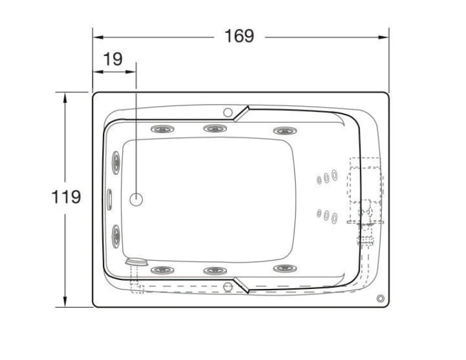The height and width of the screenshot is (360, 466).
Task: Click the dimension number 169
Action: click(239, 36)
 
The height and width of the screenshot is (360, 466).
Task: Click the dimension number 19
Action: click(113, 59)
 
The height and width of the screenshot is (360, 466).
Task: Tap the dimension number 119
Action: click(66, 196)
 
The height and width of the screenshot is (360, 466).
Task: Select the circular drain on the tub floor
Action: click(136, 199)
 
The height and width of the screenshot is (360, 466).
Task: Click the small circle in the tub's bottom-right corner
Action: click(381, 298)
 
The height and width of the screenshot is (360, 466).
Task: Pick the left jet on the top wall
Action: click(163, 129)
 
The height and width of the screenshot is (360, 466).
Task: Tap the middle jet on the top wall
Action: click(215, 128)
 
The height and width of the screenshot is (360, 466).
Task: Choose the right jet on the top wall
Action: click(285, 131)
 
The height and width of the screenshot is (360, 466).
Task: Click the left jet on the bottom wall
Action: click(163, 270)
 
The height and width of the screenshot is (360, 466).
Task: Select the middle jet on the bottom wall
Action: click(215, 270)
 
